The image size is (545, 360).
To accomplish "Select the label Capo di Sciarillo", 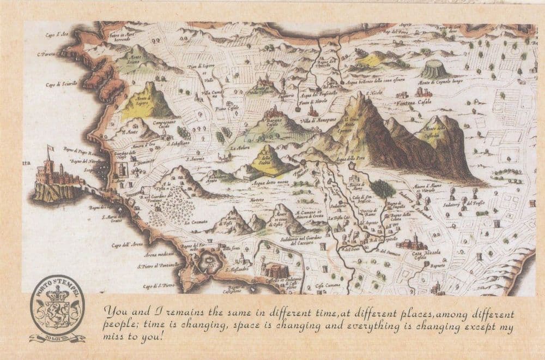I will (x=61, y=84).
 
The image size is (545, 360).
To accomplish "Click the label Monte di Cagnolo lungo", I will (x=441, y=82).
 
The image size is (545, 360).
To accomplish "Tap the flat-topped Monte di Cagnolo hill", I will (x=434, y=69).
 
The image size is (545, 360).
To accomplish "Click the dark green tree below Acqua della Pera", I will (x=383, y=188).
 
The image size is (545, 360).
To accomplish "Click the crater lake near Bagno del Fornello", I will (x=209, y=264).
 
